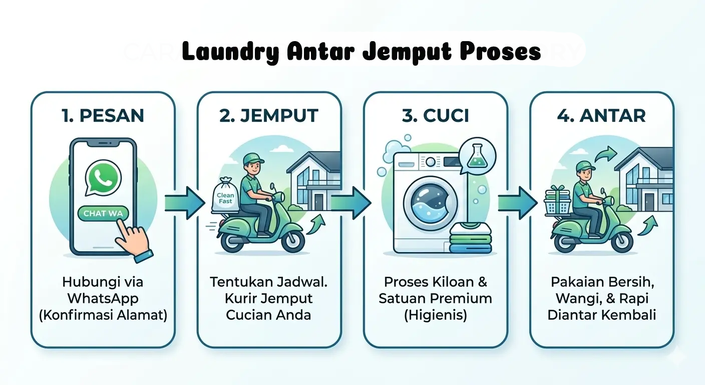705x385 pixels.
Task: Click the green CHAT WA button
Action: pyautogui.click(x=103, y=214)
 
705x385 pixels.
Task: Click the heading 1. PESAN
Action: pyautogui.click(x=103, y=116)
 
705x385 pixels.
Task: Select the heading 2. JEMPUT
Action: pyautogui.click(x=269, y=116)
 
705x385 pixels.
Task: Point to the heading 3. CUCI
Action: pyautogui.click(x=435, y=116)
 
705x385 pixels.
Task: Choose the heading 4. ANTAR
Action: pyautogui.click(x=601, y=116)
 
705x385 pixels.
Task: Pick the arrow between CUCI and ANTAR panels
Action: pyautogui.click(x=517, y=203)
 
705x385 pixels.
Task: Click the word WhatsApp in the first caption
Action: pyautogui.click(x=103, y=298)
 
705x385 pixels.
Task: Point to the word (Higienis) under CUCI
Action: pyautogui.click(x=435, y=315)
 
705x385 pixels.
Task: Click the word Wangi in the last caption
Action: pyautogui.click(x=574, y=298)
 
